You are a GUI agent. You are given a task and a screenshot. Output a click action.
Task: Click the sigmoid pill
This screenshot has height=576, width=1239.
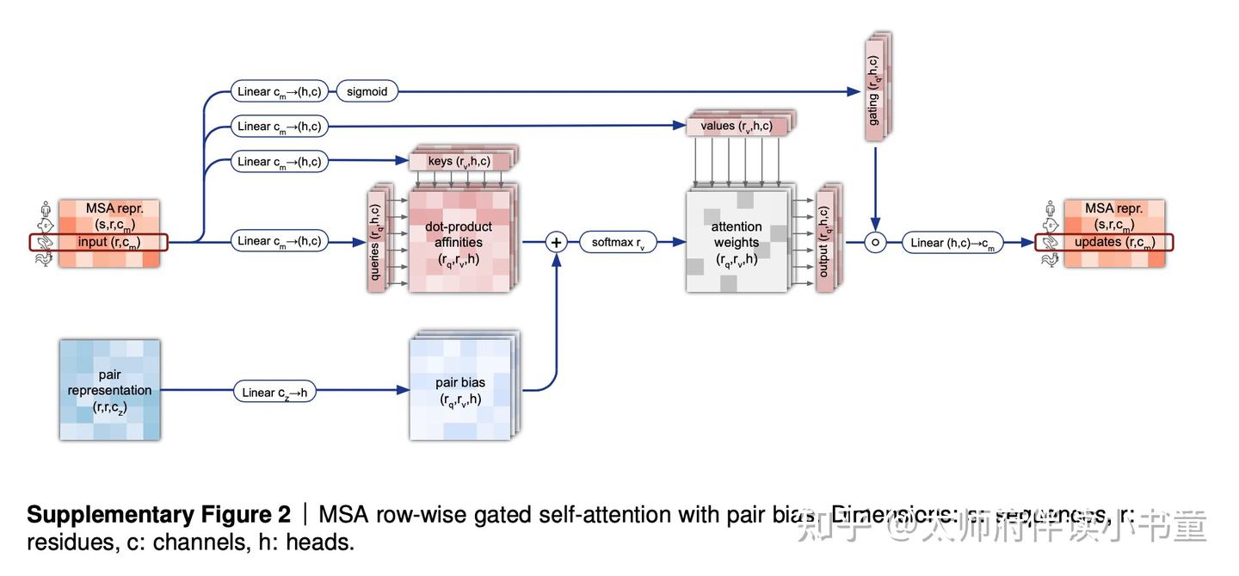click(x=367, y=91)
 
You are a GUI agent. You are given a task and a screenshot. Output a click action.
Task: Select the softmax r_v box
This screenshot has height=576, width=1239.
click(x=618, y=242)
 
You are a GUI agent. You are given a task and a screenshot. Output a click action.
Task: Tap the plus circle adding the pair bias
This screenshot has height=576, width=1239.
click(x=556, y=242)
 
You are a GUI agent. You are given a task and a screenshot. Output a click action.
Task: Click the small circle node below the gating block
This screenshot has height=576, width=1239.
click(x=875, y=243)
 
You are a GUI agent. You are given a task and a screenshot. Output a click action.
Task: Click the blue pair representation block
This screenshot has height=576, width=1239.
click(x=110, y=390)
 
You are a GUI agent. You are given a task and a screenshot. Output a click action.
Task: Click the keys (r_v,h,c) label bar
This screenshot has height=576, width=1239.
click(x=459, y=161)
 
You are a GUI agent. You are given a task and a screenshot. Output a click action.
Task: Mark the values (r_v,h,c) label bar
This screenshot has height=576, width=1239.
click(x=737, y=126)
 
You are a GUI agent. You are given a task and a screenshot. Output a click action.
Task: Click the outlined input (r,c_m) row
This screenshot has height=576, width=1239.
click(x=99, y=242)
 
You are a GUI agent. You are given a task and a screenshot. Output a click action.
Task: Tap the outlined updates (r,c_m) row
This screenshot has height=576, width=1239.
click(x=1104, y=242)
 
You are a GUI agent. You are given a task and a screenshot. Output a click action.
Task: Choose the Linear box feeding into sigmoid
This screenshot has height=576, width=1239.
click(x=280, y=91)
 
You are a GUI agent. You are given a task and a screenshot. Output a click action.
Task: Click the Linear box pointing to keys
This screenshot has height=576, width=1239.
click(x=280, y=161)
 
